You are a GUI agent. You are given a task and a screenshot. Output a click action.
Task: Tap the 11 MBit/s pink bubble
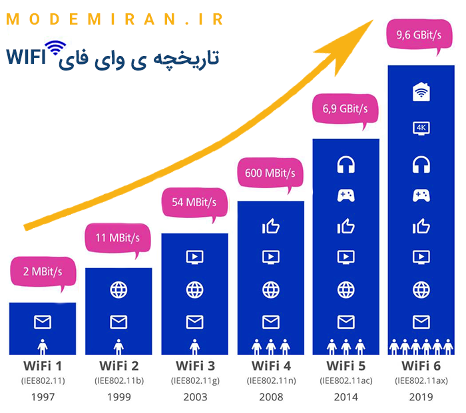[x=117, y=237]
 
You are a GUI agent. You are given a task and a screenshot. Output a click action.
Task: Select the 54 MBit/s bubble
[x=194, y=202]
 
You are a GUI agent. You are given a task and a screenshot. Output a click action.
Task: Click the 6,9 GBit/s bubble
[x=346, y=107]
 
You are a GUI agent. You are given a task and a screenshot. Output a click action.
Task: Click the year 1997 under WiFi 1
[x=42, y=397]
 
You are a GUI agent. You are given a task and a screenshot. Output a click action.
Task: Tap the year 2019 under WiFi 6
[x=421, y=397]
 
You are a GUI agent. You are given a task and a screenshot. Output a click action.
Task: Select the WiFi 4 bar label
[x=270, y=366]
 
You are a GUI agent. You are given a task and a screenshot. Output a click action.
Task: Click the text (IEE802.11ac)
[x=346, y=381]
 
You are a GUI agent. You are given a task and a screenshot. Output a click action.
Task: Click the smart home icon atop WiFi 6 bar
[x=421, y=92]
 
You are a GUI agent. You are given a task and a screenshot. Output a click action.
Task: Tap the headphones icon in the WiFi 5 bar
[x=346, y=164]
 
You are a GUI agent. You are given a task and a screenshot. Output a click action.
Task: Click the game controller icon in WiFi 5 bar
[x=346, y=196]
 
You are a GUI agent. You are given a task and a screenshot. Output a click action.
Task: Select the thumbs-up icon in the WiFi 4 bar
[x=270, y=227]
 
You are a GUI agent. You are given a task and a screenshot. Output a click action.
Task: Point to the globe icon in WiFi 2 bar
[x=118, y=290]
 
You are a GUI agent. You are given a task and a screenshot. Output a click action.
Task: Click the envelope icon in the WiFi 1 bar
[x=42, y=323]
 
